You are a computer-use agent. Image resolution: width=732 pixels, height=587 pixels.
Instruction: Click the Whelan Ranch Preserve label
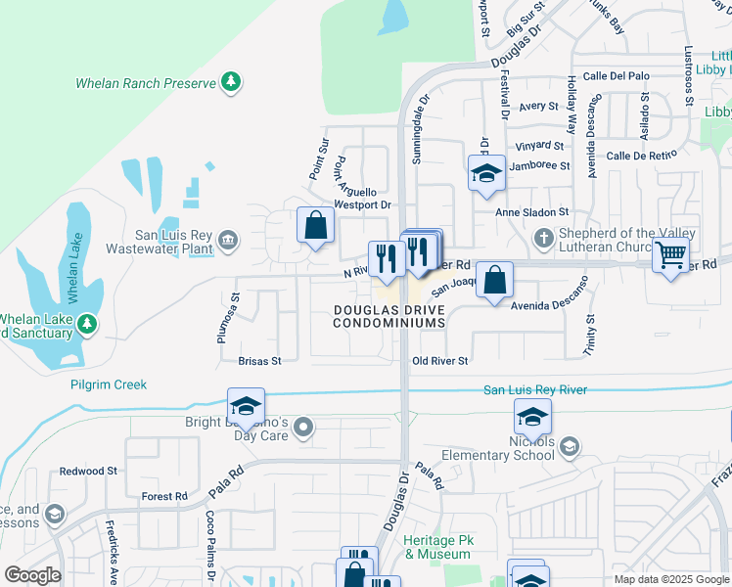[146, 83]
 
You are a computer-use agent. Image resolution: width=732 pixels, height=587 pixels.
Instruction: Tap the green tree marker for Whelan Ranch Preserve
[231, 81]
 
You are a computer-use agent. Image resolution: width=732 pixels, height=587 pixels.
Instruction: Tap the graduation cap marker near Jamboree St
[486, 173]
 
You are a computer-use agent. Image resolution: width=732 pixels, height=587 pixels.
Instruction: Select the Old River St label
[440, 361]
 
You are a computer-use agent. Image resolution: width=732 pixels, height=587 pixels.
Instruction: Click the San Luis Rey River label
[535, 390]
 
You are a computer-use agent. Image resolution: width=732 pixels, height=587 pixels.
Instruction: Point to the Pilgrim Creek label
[109, 384]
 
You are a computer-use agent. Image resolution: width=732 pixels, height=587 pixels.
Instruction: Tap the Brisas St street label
[259, 361]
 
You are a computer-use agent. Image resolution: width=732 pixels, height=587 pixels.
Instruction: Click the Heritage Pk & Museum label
[436, 547]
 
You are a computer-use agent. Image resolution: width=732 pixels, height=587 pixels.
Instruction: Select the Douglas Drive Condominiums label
[389, 315]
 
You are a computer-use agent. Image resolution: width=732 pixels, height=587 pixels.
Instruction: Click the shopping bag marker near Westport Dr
[315, 226]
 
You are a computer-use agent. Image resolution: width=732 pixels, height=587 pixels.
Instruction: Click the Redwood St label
[88, 472]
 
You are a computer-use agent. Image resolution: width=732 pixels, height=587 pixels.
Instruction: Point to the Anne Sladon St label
[532, 212]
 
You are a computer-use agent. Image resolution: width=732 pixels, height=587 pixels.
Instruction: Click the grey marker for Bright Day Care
[303, 427]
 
